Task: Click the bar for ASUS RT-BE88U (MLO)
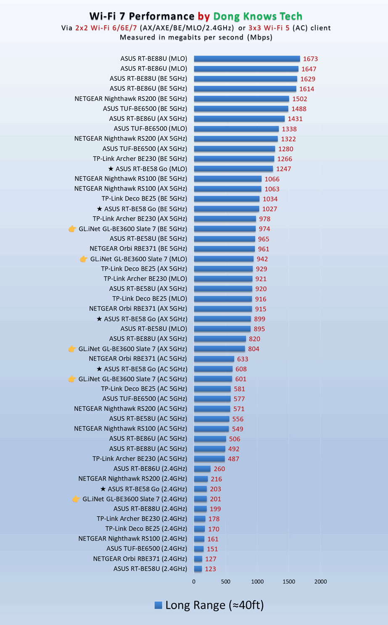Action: pos(247,59)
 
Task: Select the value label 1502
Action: pos(300,99)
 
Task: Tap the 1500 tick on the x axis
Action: pos(289,582)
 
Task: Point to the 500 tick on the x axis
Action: pos(226,582)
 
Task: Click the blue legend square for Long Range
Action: pos(158,605)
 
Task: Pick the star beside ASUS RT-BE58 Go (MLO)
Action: pos(111,169)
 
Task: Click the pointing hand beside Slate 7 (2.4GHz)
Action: pos(76,499)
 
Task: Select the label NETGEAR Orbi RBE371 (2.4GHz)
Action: pos(140,559)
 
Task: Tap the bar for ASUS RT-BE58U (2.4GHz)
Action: pos(198,569)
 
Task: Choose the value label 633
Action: pos(243,359)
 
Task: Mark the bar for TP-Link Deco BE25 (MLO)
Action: pos(223,299)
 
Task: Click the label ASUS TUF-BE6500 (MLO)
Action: pos(150,129)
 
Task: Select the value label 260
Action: pos(219,469)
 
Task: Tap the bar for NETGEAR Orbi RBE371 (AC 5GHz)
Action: pos(214,359)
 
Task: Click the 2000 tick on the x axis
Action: pos(320,582)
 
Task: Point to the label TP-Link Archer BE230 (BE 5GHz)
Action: pos(140,159)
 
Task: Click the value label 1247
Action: pos(284,169)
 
